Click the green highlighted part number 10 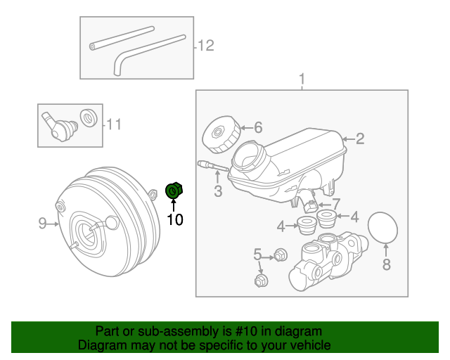tap(173, 190)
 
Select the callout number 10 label tap(174, 220)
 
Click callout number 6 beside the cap tap(257, 127)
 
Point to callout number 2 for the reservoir tap(360, 139)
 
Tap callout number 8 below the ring tap(385, 264)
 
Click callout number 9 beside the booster tap(42, 224)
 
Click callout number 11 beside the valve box tap(114, 125)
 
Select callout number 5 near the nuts tap(257, 254)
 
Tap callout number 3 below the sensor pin tap(218, 191)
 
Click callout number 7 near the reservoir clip tap(336, 203)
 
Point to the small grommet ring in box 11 tap(89, 117)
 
